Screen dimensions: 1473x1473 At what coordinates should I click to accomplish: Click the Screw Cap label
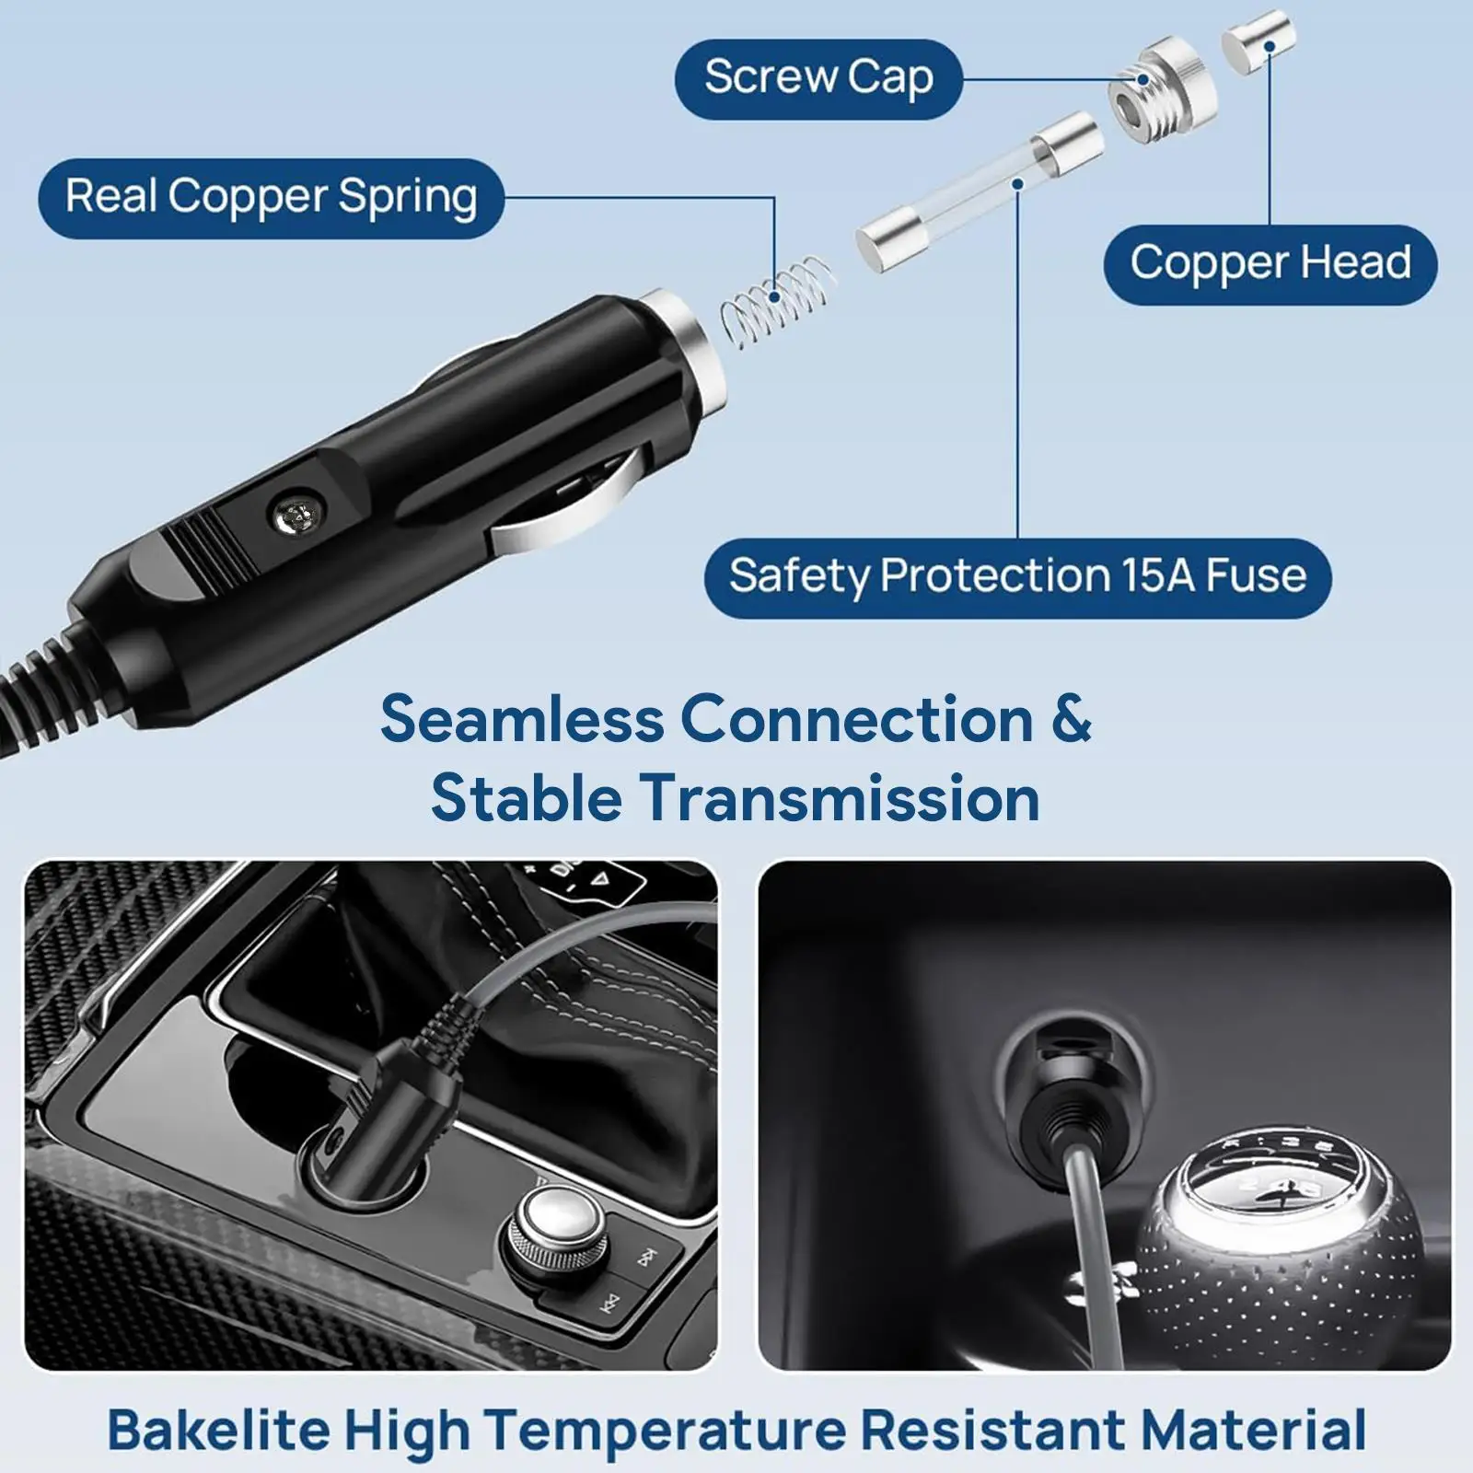pyautogui.click(x=818, y=78)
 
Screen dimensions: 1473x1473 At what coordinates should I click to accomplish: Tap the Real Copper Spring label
pyautogui.click(x=271, y=198)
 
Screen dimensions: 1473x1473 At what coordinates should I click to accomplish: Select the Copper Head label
pyautogui.click(x=1270, y=264)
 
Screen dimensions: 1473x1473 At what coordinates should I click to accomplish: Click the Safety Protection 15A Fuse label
pyautogui.click(x=1017, y=577)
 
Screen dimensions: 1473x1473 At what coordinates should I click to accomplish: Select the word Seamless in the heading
pyautogui.click(x=521, y=719)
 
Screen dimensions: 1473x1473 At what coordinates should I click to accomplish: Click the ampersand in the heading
pyautogui.click(x=1070, y=719)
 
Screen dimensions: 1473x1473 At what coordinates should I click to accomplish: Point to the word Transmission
pyautogui.click(x=841, y=797)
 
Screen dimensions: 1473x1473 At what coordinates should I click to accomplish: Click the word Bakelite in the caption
pyautogui.click(x=218, y=1430)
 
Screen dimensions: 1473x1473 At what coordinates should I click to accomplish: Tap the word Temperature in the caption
pyautogui.click(x=665, y=1430)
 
